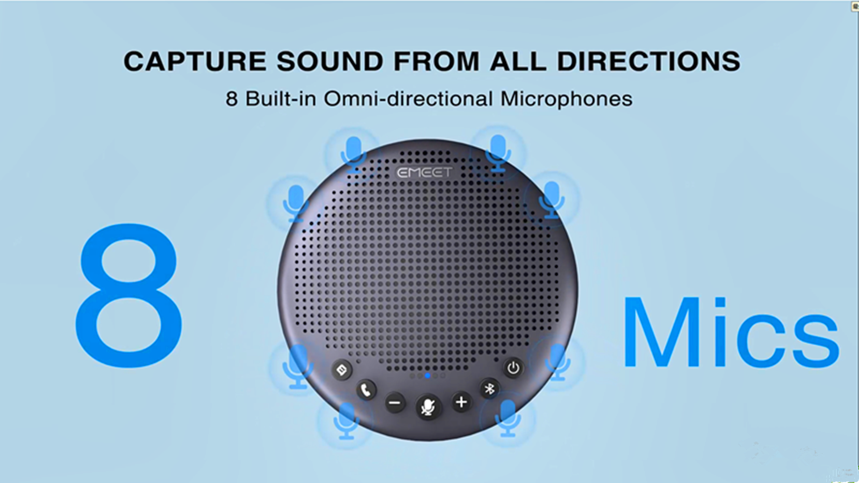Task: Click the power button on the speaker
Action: [513, 368]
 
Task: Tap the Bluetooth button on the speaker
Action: [489, 389]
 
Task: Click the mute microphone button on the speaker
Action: [428, 407]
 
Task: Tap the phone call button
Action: [366, 390]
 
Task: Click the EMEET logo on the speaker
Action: [424, 173]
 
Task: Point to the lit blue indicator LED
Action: [428, 376]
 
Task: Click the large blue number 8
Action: [129, 295]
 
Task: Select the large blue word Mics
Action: [730, 333]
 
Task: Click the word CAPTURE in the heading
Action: [195, 61]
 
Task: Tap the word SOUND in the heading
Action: [330, 61]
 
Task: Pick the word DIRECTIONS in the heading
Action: [649, 61]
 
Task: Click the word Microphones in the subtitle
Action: [566, 99]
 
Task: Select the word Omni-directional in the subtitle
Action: [408, 99]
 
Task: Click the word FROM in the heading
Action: [437, 61]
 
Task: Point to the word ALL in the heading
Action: [518, 61]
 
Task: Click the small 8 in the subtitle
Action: [231, 99]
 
